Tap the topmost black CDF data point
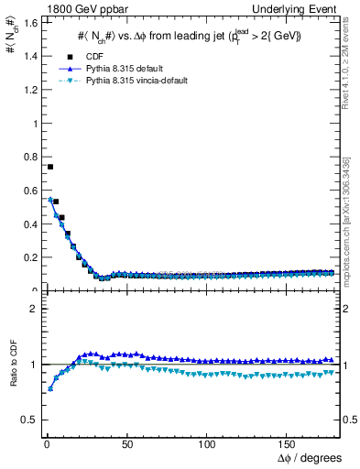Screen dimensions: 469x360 click(50, 167)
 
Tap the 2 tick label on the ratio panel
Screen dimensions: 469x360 click(32, 309)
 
